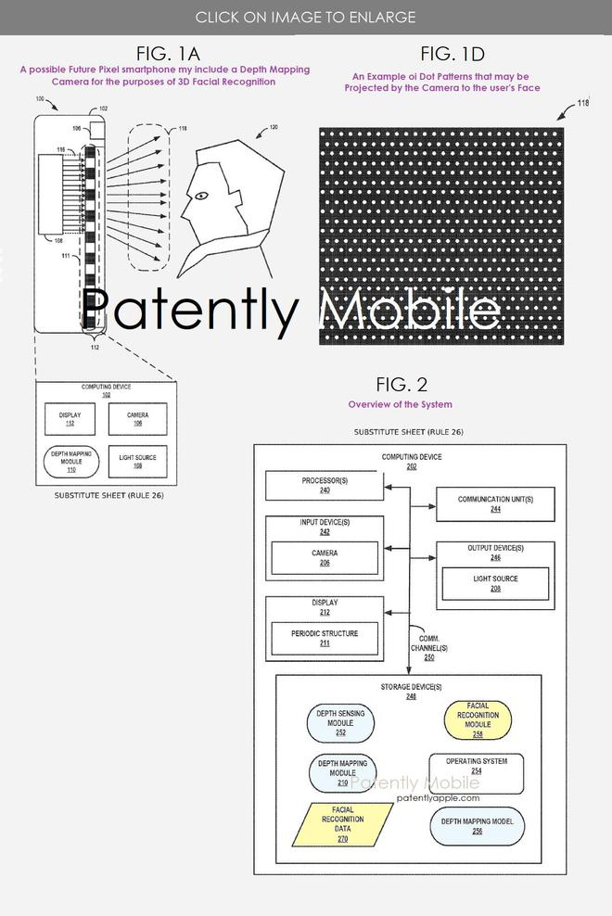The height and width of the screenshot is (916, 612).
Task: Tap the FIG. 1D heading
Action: (453, 52)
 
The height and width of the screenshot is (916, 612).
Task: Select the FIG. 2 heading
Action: (402, 385)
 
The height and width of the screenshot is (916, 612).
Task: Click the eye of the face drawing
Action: (198, 197)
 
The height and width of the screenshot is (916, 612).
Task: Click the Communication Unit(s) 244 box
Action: (495, 503)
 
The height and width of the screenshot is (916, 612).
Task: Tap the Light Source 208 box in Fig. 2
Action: (494, 583)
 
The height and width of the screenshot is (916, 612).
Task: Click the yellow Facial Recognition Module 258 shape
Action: (477, 720)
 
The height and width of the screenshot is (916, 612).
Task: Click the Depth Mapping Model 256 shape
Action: (476, 826)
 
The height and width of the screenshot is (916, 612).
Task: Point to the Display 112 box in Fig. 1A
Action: (70, 419)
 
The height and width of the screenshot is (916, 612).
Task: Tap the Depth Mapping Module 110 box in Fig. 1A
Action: (70, 461)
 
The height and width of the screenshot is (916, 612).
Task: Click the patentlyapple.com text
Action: (438, 797)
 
